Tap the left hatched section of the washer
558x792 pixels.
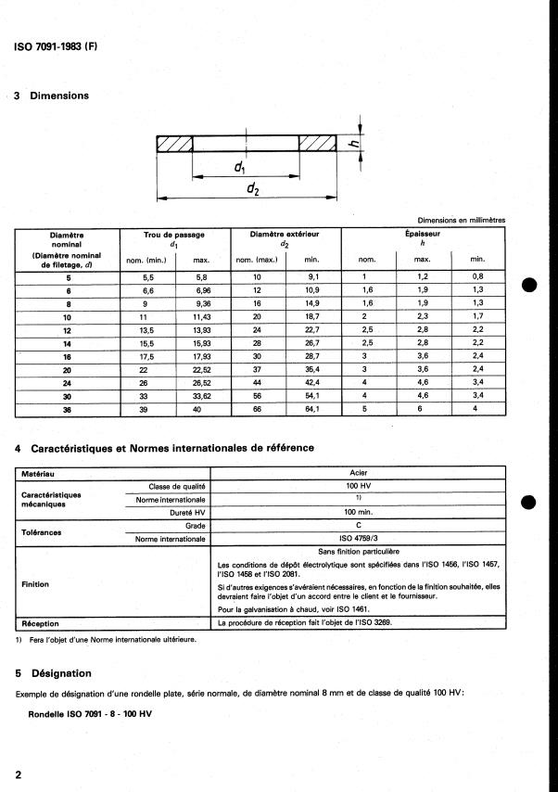pyautogui.click(x=174, y=143)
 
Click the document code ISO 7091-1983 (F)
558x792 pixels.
pyautogui.click(x=57, y=46)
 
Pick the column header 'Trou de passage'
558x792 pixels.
pyautogui.click(x=174, y=235)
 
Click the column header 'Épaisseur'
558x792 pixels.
pyautogui.click(x=423, y=235)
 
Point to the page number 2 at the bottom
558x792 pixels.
pyautogui.click(x=19, y=773)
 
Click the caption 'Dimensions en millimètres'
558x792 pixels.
pyautogui.click(x=454, y=220)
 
